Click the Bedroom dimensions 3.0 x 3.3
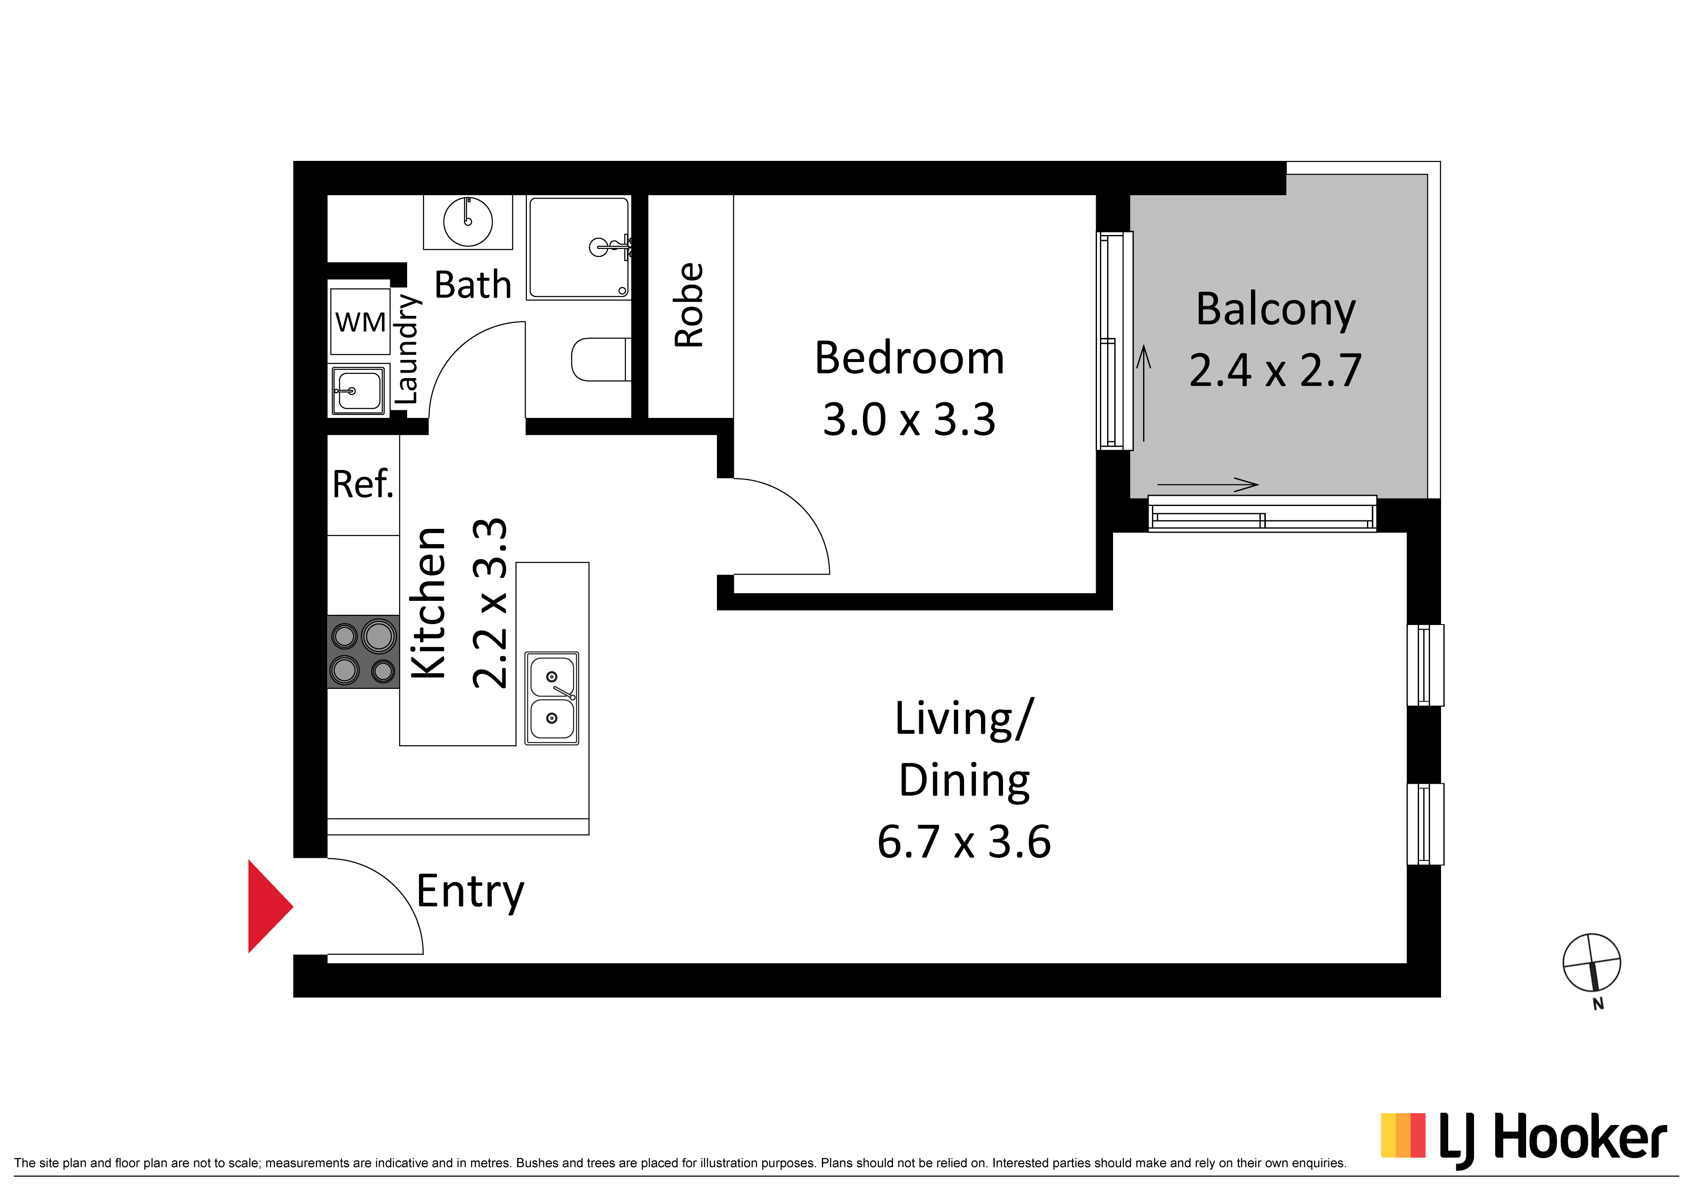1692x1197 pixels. (909, 419)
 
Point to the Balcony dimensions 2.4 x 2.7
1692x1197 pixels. (1276, 370)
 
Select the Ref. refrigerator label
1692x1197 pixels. (363, 484)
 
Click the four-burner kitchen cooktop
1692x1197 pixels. (363, 652)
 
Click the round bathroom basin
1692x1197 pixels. (468, 221)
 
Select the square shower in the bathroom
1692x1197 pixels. (579, 248)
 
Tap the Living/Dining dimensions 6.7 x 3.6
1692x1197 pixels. (964, 842)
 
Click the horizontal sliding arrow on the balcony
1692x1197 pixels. (1208, 484)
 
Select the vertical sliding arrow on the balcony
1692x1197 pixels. (1144, 394)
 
